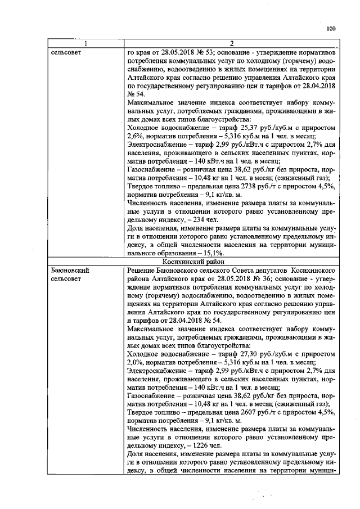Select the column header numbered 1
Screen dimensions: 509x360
click(86, 43)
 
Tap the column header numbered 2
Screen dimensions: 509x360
click(232, 43)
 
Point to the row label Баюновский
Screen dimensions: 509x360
click(70, 271)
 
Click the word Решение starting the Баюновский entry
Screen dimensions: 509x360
click(144, 271)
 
